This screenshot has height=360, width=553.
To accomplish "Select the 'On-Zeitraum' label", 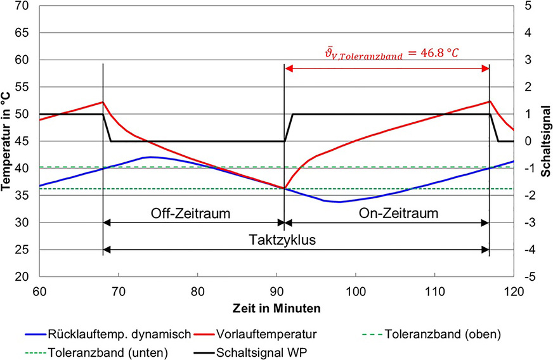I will (402, 213).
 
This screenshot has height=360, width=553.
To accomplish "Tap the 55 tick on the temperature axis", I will (27, 87).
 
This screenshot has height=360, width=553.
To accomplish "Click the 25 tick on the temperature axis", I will (27, 250).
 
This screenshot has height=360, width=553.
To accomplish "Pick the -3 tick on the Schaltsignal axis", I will (528, 222).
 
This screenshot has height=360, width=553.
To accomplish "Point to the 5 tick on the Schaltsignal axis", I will (528, 6).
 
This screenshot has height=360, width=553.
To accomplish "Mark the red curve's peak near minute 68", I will (102, 102).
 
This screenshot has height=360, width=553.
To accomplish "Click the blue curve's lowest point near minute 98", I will (339, 202).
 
